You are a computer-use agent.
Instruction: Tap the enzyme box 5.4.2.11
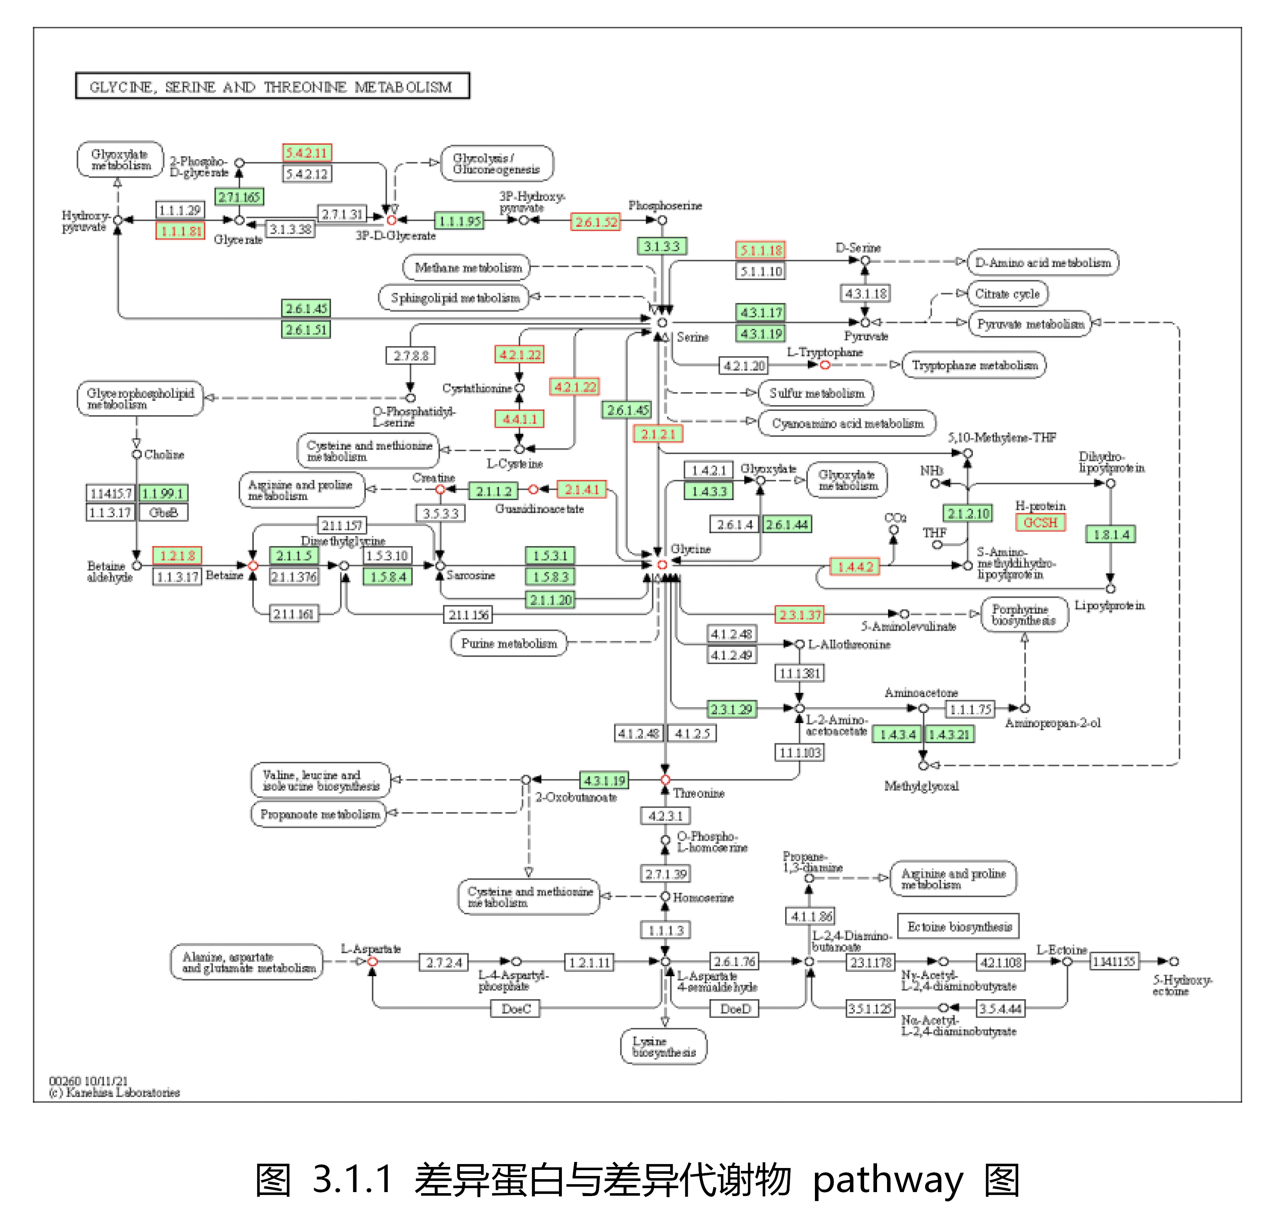coord(307,153)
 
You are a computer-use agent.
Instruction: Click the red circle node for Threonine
coord(665,780)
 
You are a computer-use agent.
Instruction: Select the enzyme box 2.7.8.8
coord(410,356)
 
